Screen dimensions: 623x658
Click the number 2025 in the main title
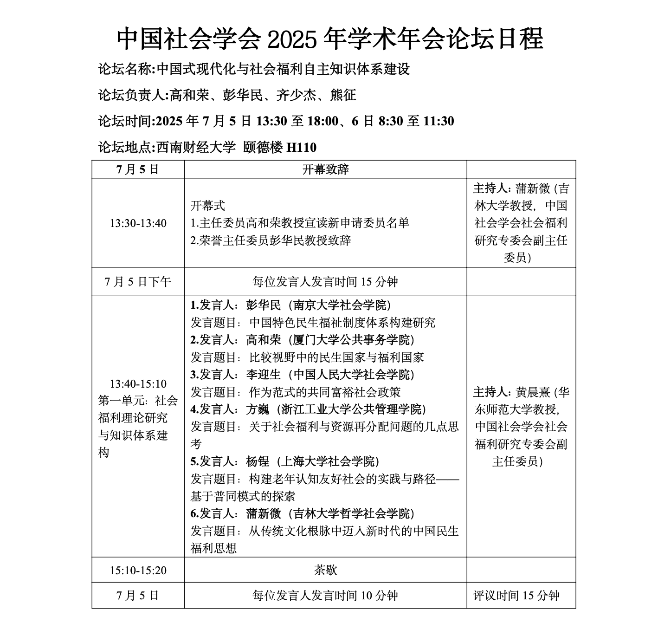click(x=292, y=39)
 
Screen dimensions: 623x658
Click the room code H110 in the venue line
click(x=302, y=148)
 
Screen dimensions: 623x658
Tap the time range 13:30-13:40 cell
click(x=138, y=223)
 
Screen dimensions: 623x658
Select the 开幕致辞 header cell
click(x=325, y=169)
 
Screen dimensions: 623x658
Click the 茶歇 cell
click(x=325, y=570)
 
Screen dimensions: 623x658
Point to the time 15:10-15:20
click(x=138, y=570)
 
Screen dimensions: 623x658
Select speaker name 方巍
click(x=258, y=409)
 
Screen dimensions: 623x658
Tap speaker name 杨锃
click(x=258, y=461)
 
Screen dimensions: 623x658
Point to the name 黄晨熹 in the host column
click(x=533, y=392)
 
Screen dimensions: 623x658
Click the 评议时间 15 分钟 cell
click(x=516, y=596)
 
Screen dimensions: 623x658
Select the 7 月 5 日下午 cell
click(x=138, y=282)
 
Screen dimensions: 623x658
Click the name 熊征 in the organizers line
click(x=343, y=95)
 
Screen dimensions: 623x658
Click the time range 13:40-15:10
click(x=138, y=384)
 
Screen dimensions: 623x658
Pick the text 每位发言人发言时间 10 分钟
click(x=325, y=596)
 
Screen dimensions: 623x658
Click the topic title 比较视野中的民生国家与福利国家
click(x=336, y=357)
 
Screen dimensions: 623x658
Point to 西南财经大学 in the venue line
click(x=196, y=148)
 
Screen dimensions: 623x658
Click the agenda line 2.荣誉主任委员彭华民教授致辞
click(x=271, y=240)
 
